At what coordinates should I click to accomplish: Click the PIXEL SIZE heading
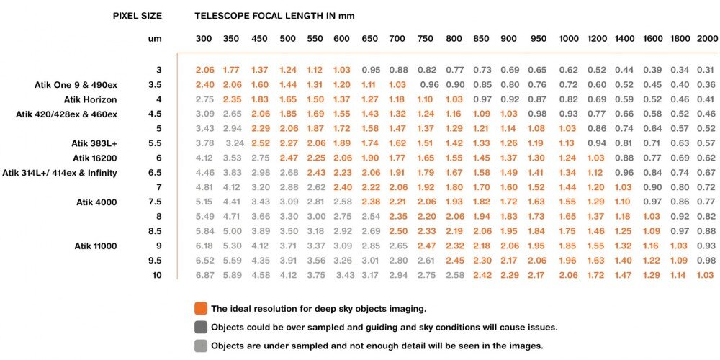coord(138,15)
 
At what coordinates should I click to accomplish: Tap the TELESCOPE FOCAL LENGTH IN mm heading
coord(274,15)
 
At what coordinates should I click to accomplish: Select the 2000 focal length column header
coord(707,38)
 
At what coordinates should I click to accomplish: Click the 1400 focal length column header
coord(624,38)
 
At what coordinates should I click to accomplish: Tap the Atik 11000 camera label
coord(96,246)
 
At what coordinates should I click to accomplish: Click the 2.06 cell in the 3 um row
coord(205,70)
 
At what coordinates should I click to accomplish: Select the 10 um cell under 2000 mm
coord(706,275)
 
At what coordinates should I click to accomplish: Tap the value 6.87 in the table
coord(205,275)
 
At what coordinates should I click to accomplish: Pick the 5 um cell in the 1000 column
coord(568,128)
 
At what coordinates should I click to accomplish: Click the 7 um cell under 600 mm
coord(342,187)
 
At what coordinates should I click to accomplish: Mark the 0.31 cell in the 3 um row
coord(706,70)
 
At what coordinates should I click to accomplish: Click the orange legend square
coord(201,309)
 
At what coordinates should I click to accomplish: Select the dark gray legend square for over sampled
coord(201,328)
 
